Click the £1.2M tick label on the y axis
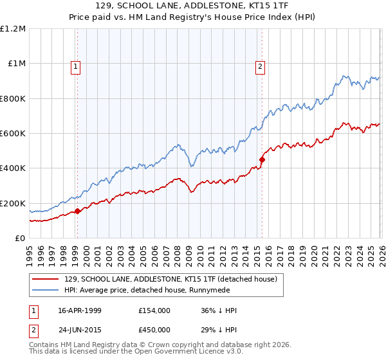pos(13,29)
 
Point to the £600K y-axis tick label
pos(13,134)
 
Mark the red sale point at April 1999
pos(78,211)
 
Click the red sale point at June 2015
pos(262,159)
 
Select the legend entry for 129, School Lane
pos(170,279)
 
